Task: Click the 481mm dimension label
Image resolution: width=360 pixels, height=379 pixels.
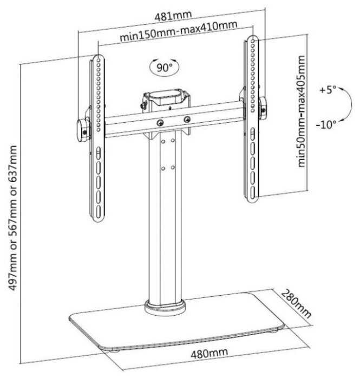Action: coord(173,16)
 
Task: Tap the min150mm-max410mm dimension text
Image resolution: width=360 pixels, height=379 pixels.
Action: coord(179,31)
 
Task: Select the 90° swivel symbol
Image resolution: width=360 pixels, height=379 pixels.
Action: coord(165,68)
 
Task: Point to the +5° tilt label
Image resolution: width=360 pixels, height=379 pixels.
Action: coord(328,90)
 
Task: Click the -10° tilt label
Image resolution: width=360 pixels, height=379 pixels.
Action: coord(326,124)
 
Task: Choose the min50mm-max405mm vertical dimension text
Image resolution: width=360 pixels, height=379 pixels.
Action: coord(301,111)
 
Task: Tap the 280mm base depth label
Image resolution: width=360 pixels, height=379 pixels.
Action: coord(296,303)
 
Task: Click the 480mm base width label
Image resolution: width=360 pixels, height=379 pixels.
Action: coord(209,353)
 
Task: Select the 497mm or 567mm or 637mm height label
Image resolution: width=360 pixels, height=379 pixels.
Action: coord(13,217)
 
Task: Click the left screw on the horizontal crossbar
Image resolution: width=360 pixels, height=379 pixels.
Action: coord(160,123)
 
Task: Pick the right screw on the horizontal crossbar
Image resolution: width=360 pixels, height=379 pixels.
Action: coord(187,119)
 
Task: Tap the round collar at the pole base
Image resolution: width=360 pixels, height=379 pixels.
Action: coord(165,308)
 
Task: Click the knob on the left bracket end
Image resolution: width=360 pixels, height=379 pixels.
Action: coord(82,130)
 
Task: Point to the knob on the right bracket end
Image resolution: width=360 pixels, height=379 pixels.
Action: coord(263,108)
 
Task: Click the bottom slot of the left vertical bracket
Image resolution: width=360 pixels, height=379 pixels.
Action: coord(99,211)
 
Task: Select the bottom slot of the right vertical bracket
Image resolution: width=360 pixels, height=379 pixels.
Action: coord(252,192)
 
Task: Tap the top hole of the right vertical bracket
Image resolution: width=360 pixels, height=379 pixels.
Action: coord(253,41)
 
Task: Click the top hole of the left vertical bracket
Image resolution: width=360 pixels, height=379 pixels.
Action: coord(99,60)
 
